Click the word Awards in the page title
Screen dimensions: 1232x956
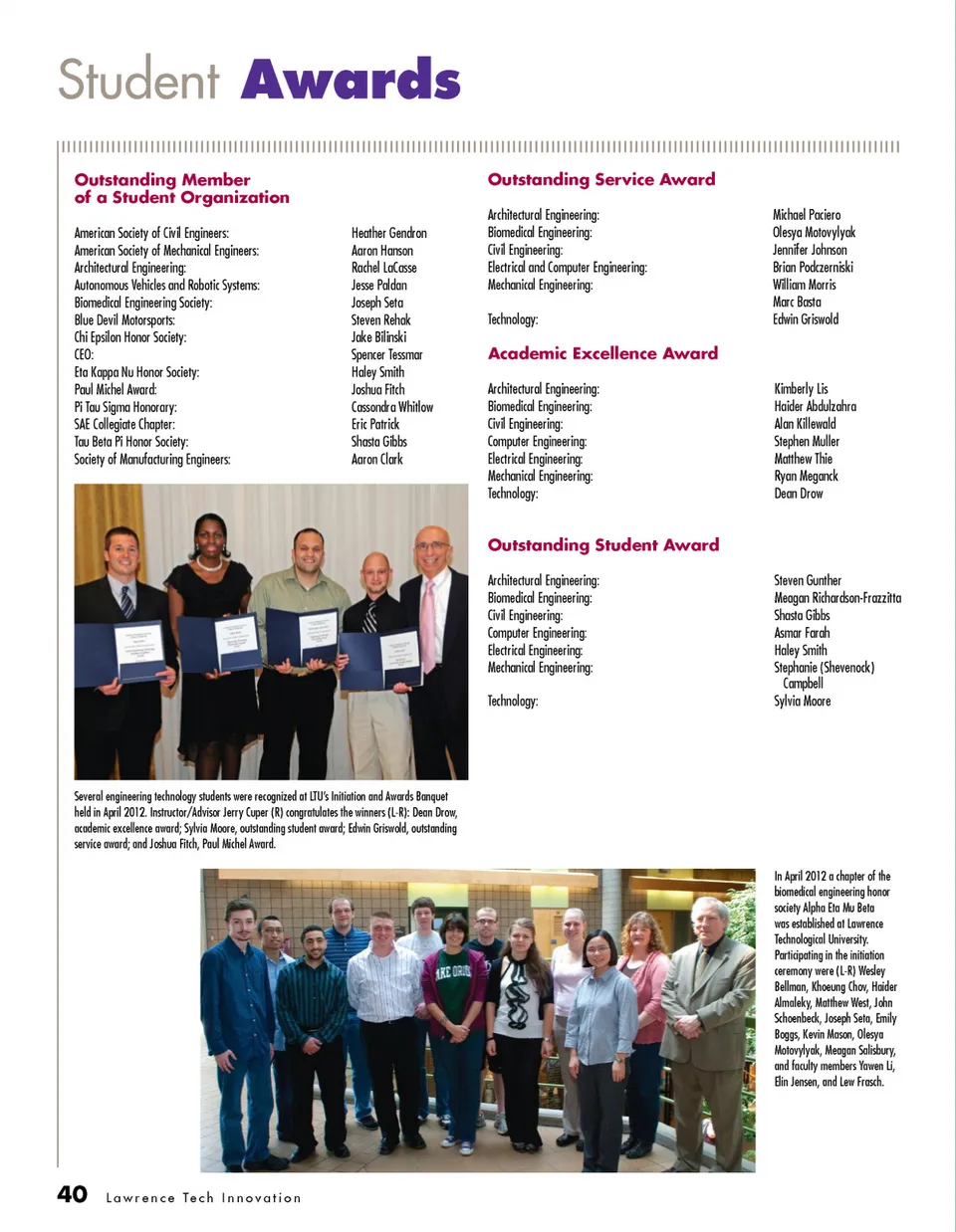[351, 80]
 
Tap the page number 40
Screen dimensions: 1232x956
[72, 1194]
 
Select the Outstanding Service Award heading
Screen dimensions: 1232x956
[601, 179]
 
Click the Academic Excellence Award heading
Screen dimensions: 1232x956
[602, 353]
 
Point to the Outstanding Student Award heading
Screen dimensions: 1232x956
[603, 544]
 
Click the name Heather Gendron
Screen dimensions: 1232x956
[388, 233]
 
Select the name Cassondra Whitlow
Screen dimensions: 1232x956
[391, 407]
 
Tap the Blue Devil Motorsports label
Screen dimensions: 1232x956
[124, 320]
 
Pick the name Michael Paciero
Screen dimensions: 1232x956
[807, 215]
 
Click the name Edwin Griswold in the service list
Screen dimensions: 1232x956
[806, 319]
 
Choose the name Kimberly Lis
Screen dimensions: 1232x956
[801, 389]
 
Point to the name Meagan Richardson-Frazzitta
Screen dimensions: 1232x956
[837, 598]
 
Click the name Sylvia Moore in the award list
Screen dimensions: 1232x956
[802, 701]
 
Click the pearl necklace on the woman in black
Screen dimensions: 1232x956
[208, 562]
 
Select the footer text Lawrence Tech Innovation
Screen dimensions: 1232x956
[203, 1198]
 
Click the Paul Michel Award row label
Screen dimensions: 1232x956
[116, 390]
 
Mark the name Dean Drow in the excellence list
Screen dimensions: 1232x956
[799, 494]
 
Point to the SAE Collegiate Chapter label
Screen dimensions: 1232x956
[124, 425]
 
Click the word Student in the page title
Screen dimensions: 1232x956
[139, 80]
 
